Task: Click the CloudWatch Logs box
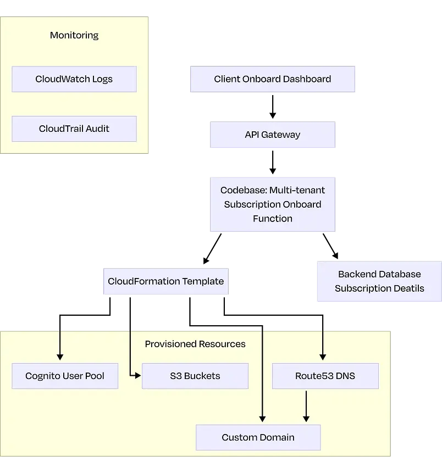[74, 79]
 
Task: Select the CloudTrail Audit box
[74, 129]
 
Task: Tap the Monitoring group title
[74, 35]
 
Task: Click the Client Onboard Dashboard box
[272, 79]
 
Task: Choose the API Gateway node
[272, 135]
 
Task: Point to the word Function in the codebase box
[272, 219]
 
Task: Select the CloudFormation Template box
[165, 281]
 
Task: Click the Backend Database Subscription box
[379, 281]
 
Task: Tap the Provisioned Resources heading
[195, 344]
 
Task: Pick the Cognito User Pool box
[65, 376]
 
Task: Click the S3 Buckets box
[195, 376]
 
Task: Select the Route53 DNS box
[325, 376]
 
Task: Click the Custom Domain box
[258, 437]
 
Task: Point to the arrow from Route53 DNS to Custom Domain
[306, 407]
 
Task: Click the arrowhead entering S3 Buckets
[138, 376]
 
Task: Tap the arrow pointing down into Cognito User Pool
[60, 346]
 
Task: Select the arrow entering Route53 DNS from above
[323, 346]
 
